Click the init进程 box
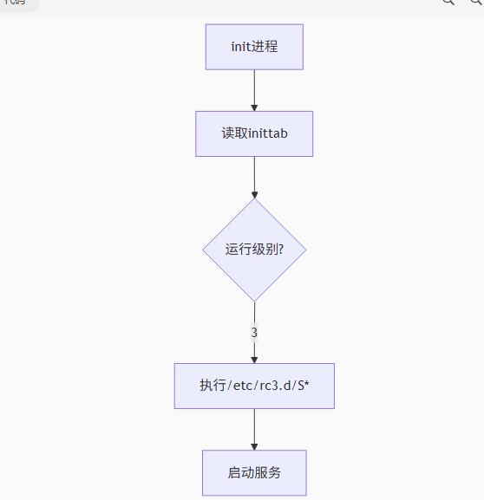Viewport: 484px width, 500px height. pos(254,47)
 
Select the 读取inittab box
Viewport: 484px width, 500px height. pos(254,133)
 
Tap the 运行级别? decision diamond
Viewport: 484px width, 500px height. pos(254,250)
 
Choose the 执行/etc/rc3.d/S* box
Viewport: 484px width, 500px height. pos(254,386)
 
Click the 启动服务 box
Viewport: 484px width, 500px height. pos(254,472)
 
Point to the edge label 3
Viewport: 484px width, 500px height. pos(254,332)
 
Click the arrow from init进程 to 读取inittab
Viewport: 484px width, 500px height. pos(254,88)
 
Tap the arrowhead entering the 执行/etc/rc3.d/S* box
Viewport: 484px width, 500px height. pos(254,359)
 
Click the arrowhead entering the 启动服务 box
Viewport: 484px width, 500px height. pos(254,445)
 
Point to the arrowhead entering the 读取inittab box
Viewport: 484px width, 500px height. pos(254,107)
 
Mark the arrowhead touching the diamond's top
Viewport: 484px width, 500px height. pos(254,194)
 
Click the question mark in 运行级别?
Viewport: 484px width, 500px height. pos(279,250)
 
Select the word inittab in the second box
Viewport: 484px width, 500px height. pos(268,133)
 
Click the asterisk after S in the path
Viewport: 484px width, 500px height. pos(306,384)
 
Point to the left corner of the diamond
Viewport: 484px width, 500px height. pos(204,250)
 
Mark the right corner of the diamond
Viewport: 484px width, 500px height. pos(305,250)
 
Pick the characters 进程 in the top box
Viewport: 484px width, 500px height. pos(265,47)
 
